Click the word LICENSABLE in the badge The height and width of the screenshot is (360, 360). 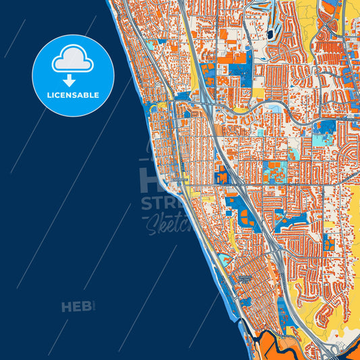tap(73, 95)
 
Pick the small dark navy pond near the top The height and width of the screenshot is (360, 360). tap(270, 34)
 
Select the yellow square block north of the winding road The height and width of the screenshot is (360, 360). tap(259, 93)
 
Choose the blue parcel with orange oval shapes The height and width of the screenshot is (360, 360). tap(243, 216)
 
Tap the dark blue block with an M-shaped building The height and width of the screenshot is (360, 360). tap(221, 175)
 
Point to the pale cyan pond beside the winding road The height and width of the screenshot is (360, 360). tap(275, 108)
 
